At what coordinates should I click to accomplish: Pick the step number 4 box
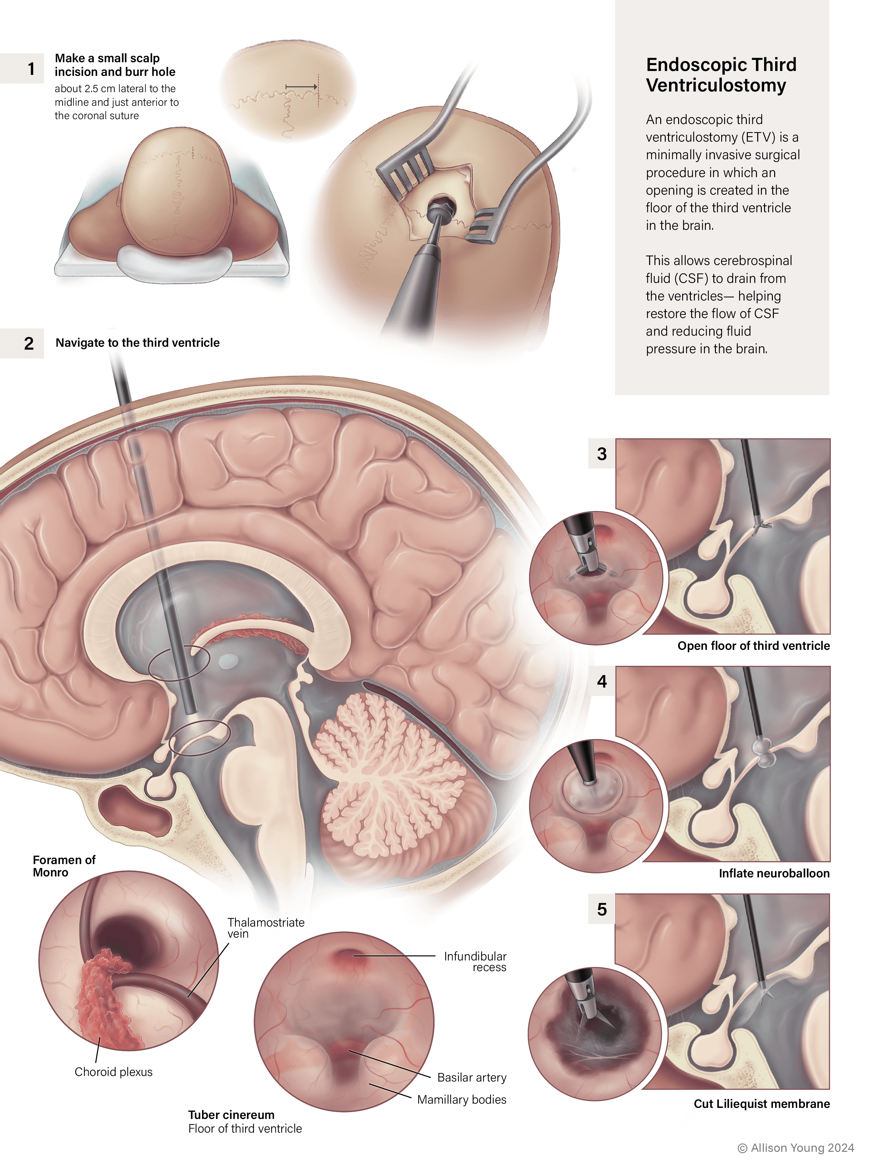(x=601, y=681)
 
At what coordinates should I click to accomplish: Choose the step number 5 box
(x=601, y=909)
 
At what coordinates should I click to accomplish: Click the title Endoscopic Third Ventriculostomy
(x=720, y=75)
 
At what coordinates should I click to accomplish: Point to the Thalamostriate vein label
(x=265, y=928)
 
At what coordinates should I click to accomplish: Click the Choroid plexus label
(x=113, y=1072)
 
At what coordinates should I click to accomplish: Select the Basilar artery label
(x=471, y=1077)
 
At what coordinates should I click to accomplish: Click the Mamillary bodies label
(x=462, y=1099)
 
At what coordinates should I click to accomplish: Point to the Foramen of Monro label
(x=63, y=866)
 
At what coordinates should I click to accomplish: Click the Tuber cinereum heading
(x=231, y=1115)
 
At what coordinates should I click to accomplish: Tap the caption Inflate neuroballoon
(x=774, y=873)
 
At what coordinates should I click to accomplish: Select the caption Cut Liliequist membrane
(x=761, y=1104)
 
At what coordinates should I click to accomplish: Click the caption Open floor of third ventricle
(x=753, y=645)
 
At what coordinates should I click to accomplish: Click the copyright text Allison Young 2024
(x=796, y=1148)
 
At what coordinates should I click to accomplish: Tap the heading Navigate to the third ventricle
(x=137, y=343)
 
